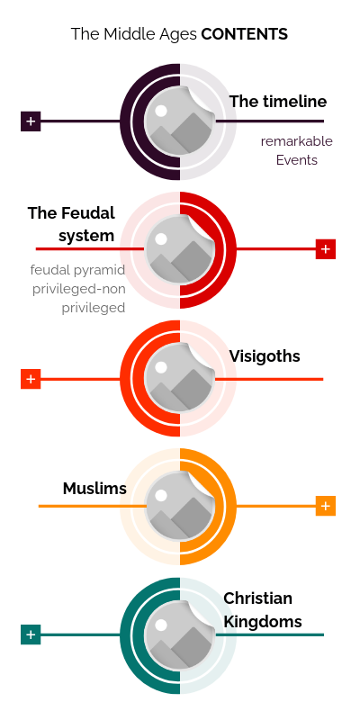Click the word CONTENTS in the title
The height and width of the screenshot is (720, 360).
tap(244, 34)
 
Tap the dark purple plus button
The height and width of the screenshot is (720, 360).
tap(31, 121)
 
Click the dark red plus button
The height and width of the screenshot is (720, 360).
tap(326, 249)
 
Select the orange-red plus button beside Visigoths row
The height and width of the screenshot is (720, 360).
tap(31, 379)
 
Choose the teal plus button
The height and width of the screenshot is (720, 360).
tap(31, 634)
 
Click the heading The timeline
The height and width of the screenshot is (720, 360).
tap(278, 102)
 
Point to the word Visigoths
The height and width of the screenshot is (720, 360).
tap(265, 356)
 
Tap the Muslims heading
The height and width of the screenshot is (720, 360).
tap(94, 489)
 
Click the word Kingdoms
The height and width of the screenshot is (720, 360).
tap(263, 622)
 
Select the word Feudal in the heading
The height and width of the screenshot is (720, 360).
tap(87, 213)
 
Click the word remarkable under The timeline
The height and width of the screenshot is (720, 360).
tap(297, 141)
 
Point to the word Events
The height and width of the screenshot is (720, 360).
tap(297, 160)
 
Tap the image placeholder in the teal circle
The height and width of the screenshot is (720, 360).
tap(179, 634)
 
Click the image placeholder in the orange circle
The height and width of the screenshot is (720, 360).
tap(179, 506)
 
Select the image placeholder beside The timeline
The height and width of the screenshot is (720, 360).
tap(179, 121)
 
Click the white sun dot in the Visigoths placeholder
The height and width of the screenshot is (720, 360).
tap(161, 367)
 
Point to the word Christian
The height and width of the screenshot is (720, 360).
tap(257, 598)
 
